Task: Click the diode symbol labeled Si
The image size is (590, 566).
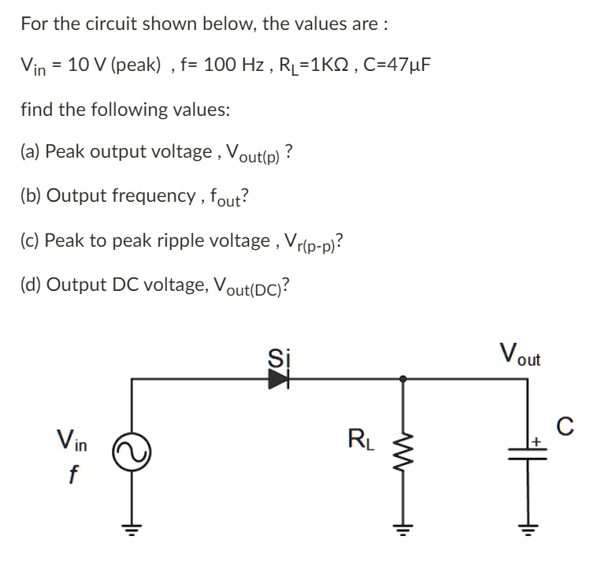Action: [277, 379]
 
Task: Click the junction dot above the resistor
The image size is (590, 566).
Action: [403, 379]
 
